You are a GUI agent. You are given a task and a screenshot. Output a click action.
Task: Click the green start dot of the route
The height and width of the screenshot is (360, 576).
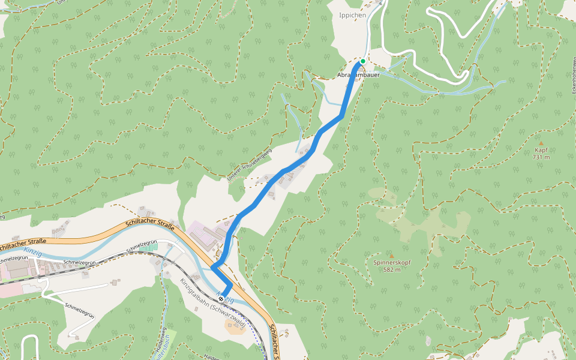point(363,61)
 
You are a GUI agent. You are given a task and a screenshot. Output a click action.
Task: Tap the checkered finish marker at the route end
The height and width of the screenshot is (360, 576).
point(221,299)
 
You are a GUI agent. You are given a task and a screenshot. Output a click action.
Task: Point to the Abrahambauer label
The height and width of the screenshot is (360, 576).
point(359,76)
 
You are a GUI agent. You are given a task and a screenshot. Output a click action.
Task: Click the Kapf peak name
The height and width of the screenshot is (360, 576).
point(541,151)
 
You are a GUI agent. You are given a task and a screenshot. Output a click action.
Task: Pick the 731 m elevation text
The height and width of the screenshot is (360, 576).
point(541,157)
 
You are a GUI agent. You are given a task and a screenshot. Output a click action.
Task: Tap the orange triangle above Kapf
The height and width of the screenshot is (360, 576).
point(541,143)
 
